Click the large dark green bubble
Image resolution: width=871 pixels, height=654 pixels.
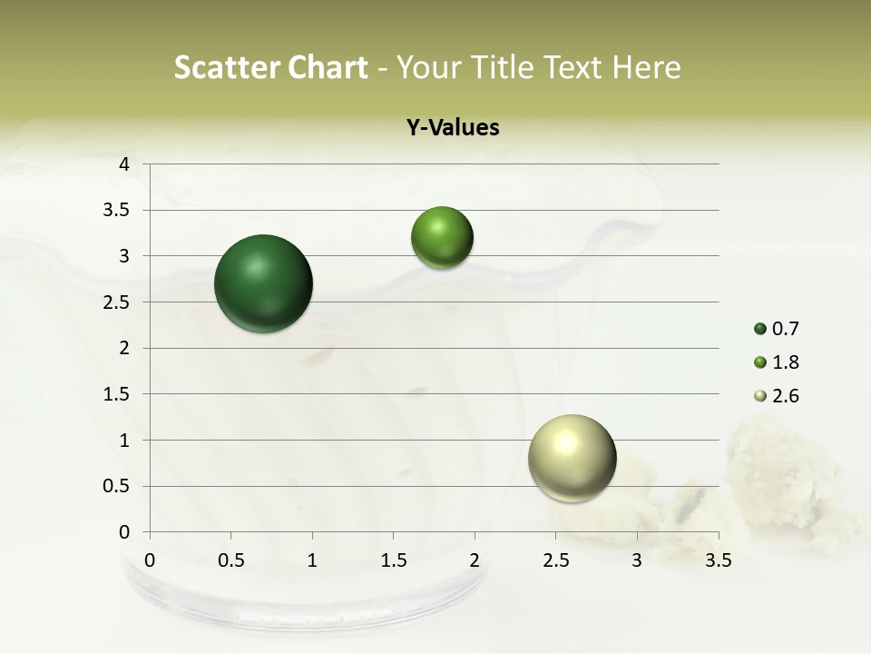point(264,283)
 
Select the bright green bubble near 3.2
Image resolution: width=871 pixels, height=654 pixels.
point(442,237)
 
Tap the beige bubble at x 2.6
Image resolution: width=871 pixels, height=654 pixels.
point(572,458)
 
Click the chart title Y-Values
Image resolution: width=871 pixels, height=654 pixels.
point(453,128)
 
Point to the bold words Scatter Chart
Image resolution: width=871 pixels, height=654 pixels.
point(270,67)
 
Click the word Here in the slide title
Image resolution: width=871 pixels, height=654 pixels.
point(645,67)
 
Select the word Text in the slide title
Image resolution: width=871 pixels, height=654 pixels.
point(573,67)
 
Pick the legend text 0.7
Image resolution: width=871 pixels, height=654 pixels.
point(785,329)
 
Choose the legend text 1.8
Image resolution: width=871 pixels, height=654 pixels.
point(785,362)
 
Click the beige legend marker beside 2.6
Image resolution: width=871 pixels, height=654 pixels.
point(760,396)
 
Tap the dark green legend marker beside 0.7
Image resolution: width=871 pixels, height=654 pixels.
point(760,329)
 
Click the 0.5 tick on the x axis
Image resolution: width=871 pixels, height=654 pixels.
point(230,560)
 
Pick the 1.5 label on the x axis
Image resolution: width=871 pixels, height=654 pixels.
point(393,560)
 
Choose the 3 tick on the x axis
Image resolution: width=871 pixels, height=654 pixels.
point(637,560)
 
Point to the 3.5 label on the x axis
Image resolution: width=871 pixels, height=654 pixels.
point(718,560)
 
